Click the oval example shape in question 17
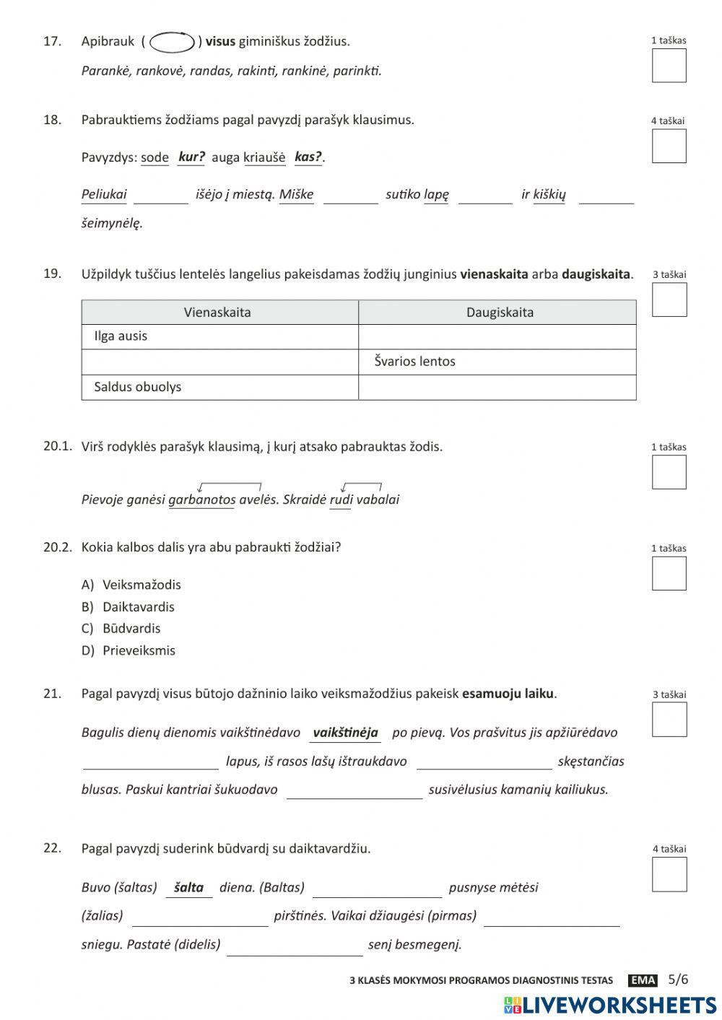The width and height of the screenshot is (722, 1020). point(172,43)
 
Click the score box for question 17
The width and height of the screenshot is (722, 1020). point(669,66)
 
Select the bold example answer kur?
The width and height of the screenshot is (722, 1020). point(191,157)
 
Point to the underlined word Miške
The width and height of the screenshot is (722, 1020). point(296,194)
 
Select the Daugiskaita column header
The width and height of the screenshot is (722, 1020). point(499,313)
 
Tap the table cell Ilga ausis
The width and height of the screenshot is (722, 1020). point(121,336)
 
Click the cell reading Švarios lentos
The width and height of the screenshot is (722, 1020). point(414,362)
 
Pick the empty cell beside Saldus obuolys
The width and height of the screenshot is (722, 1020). point(497,388)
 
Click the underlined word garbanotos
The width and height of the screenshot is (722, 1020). point(201,500)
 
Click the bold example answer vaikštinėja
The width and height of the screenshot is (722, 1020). point(345,733)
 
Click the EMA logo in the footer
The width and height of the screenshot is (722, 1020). point(642,980)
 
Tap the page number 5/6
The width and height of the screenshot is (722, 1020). point(678,980)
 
